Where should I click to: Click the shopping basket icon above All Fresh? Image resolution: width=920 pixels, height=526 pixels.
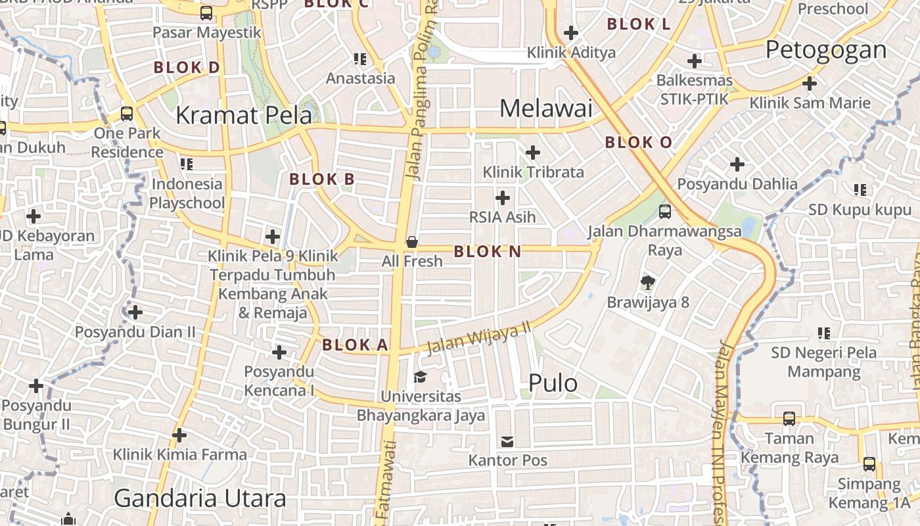pos(412,242)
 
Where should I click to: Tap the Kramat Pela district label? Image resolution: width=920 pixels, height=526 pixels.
pos(244,115)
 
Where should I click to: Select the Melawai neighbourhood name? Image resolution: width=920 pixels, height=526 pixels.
pos(546,108)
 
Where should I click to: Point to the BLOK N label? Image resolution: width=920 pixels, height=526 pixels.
pos(487,251)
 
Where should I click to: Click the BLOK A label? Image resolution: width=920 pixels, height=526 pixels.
pos(355,345)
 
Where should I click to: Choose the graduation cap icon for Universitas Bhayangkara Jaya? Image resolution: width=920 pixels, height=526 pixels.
pos(420,377)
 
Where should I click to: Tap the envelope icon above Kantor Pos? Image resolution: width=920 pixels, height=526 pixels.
pos(507,441)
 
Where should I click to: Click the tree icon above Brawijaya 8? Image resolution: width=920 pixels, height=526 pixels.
pos(648,283)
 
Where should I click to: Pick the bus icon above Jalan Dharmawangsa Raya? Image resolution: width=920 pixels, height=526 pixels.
pos(665,211)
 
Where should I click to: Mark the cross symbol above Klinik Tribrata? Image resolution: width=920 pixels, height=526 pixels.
pos(533,153)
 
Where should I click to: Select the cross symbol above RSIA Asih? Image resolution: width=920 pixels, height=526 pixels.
pos(503,197)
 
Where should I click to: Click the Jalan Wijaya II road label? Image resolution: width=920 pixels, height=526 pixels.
pos(479,339)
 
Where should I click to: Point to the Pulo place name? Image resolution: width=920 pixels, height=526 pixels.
pos(553,383)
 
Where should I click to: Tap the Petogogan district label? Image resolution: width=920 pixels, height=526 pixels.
pos(826,50)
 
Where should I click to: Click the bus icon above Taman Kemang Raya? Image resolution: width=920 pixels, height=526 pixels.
pos(789,418)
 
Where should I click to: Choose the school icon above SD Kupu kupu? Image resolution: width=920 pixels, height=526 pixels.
pos(860,190)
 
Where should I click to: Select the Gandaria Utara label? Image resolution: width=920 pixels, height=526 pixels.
pos(200,498)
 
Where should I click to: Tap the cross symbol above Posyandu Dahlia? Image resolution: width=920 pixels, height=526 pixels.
pos(737,164)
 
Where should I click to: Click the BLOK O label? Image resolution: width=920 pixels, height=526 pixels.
pos(638,142)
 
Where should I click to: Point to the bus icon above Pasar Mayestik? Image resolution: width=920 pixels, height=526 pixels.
pos(206,12)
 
